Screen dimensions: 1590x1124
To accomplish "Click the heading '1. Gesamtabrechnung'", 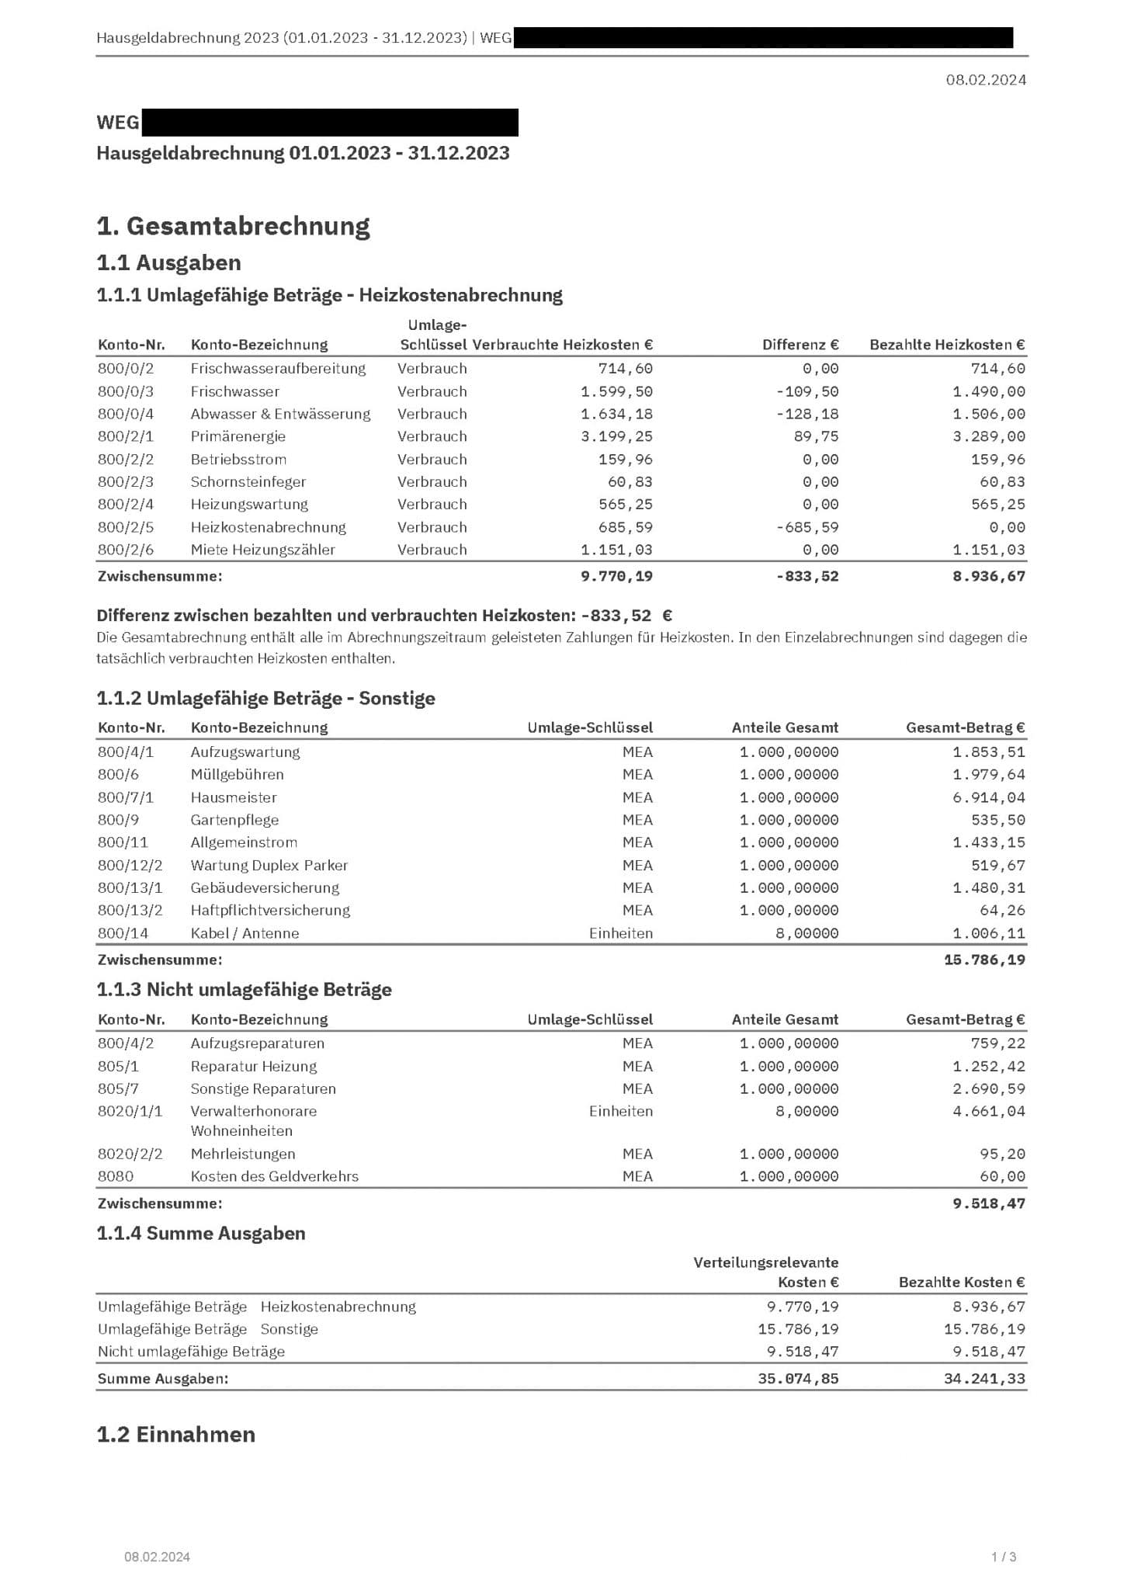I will (233, 226).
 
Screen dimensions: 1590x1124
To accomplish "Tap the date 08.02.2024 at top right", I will (985, 79).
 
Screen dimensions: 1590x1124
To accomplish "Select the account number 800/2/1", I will (126, 436).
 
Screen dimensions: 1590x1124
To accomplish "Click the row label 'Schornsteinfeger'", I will (248, 481).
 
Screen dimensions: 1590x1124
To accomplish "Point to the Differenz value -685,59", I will (807, 527).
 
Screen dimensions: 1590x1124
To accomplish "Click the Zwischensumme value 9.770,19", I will (616, 576).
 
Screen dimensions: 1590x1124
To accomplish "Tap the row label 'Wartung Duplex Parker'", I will (269, 865).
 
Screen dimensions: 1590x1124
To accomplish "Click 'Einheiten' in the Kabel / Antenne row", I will (620, 933).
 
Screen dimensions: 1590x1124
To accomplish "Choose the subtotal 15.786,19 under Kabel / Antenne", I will (983, 960).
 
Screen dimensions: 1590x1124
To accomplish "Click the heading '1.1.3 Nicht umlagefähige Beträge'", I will (244, 990).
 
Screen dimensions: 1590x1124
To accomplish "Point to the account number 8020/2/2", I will (130, 1154).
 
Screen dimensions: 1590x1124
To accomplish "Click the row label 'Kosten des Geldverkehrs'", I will (275, 1176).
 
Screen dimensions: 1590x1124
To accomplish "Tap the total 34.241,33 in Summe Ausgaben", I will (983, 1379).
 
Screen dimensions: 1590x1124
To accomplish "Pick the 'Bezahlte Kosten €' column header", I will (961, 1282).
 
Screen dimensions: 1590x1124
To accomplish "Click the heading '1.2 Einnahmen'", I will (175, 1434).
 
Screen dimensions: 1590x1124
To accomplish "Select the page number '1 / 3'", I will (1003, 1557).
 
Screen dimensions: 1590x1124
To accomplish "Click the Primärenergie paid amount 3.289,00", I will (988, 436).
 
